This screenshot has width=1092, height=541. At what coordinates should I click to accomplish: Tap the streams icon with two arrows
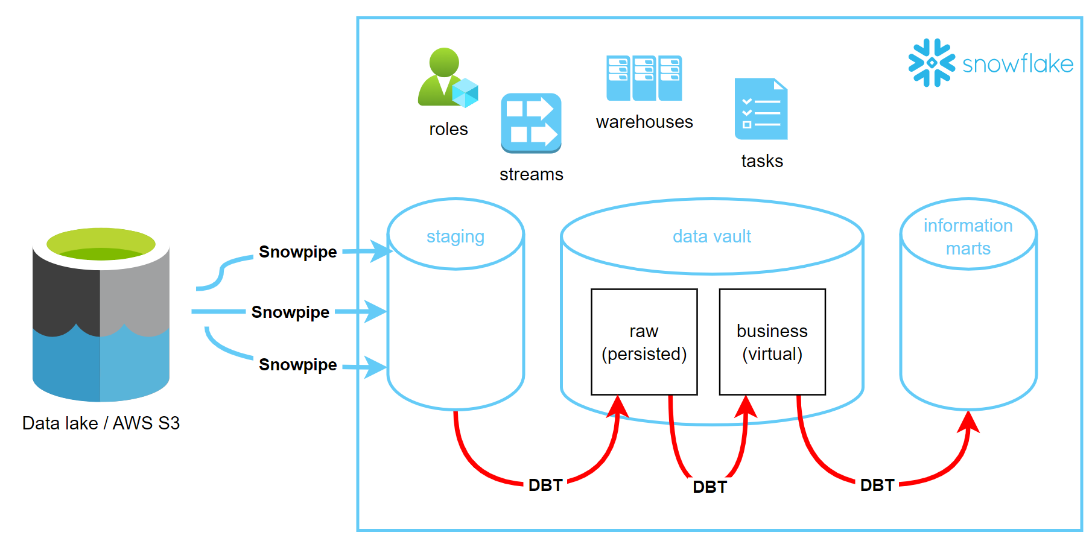click(531, 122)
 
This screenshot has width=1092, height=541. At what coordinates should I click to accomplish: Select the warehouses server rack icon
click(644, 78)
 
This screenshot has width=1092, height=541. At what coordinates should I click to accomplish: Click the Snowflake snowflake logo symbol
click(932, 63)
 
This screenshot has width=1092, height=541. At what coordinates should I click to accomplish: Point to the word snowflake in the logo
click(1017, 64)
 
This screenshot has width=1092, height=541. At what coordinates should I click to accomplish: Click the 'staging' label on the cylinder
click(456, 236)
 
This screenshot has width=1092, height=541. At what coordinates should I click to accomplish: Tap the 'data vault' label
click(712, 236)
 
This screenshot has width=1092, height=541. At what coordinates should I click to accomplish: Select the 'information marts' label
click(968, 237)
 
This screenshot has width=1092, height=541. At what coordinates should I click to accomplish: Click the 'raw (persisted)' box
click(644, 342)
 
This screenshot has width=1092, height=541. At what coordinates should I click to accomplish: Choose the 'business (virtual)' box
click(772, 342)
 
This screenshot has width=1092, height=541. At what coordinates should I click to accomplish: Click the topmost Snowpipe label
click(297, 252)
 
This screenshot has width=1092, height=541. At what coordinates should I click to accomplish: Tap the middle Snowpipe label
click(290, 312)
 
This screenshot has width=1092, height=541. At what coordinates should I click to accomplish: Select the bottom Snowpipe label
click(297, 365)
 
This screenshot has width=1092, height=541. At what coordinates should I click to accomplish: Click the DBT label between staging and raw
click(545, 486)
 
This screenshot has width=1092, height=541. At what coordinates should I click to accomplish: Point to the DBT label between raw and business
click(709, 487)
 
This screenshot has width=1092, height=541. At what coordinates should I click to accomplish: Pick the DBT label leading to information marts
click(877, 486)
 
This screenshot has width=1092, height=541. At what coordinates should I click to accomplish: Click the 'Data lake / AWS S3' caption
click(101, 423)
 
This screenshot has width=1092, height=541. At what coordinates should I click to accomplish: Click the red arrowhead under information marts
click(968, 422)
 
